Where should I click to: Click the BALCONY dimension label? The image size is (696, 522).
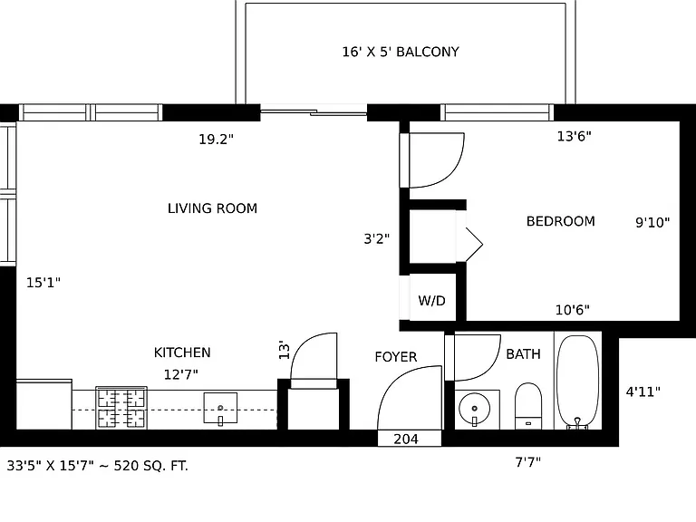401,52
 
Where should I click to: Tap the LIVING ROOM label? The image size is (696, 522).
212,208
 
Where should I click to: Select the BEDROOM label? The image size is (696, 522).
561,221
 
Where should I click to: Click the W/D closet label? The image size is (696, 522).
431,301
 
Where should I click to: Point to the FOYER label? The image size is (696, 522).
395,357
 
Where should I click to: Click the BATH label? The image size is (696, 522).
523,353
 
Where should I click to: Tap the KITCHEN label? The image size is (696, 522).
182,353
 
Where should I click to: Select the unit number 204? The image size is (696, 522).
406,439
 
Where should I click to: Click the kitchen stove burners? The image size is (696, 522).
121,408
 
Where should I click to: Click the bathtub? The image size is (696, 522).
577,382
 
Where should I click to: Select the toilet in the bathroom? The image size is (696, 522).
528,406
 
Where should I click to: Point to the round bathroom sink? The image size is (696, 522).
475,409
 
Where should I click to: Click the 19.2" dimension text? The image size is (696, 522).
216,140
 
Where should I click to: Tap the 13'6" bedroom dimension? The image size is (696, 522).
574,136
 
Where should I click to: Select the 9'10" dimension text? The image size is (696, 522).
652,222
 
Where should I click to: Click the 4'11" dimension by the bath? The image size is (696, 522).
643,391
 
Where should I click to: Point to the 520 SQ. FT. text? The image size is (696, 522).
151,466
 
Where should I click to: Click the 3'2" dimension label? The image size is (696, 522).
376,239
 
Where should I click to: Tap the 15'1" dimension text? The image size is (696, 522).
43,283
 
